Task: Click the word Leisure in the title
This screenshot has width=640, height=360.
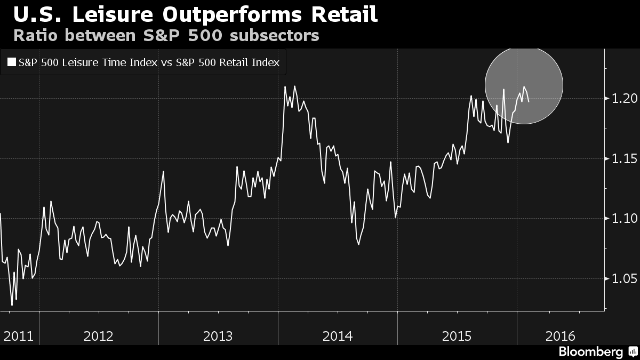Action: tap(108, 14)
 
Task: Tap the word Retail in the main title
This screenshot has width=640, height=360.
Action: tap(345, 14)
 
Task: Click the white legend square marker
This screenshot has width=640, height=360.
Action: tap(11, 62)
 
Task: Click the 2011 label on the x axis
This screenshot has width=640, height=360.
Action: tap(19, 336)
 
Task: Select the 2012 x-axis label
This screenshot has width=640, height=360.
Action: tap(99, 336)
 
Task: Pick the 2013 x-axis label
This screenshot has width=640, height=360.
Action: tap(218, 336)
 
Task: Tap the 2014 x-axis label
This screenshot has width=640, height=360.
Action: tap(338, 336)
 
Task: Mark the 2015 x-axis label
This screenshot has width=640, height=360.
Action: tap(457, 336)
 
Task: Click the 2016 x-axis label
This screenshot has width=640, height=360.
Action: tap(561, 336)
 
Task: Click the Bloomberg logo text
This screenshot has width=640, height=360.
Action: tap(590, 352)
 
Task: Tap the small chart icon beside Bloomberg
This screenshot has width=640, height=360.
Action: tap(633, 352)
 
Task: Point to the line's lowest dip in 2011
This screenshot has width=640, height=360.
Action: tap(12, 305)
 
